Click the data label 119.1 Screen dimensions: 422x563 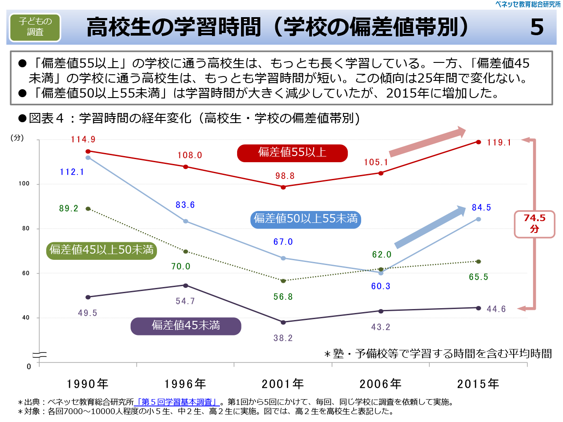pyautogui.click(x=499, y=142)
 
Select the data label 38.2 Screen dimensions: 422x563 pyautogui.click(x=283, y=338)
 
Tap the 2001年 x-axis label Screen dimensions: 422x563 pyautogui.click(x=283, y=384)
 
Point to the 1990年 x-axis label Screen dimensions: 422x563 pyautogui.click(x=88, y=384)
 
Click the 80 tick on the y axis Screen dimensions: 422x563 pyautogui.click(x=26, y=229)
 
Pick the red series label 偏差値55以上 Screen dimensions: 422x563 pyautogui.click(x=292, y=153)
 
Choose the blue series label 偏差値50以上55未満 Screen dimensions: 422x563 pyautogui.click(x=306, y=219)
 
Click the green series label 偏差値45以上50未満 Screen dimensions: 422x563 pyautogui.click(x=102, y=250)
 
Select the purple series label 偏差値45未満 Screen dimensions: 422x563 pyautogui.click(x=186, y=326)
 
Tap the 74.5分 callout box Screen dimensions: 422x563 pyautogui.click(x=534, y=224)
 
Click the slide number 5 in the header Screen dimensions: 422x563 pyautogui.click(x=537, y=27)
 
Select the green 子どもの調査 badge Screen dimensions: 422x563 pyautogui.click(x=35, y=27)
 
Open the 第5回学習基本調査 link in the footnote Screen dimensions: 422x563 pyautogui.click(x=177, y=402)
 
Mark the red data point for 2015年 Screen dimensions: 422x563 pyautogui.click(x=479, y=142)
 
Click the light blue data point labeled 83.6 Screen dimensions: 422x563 pyautogui.click(x=186, y=221)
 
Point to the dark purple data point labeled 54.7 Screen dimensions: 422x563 pyautogui.click(x=186, y=286)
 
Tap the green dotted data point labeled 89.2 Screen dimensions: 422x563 pyautogui.click(x=88, y=209)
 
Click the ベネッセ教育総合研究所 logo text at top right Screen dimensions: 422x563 pyautogui.click(x=528, y=4)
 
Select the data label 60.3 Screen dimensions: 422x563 pyautogui.click(x=380, y=286)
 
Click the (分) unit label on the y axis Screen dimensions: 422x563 pyautogui.click(x=17, y=138)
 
